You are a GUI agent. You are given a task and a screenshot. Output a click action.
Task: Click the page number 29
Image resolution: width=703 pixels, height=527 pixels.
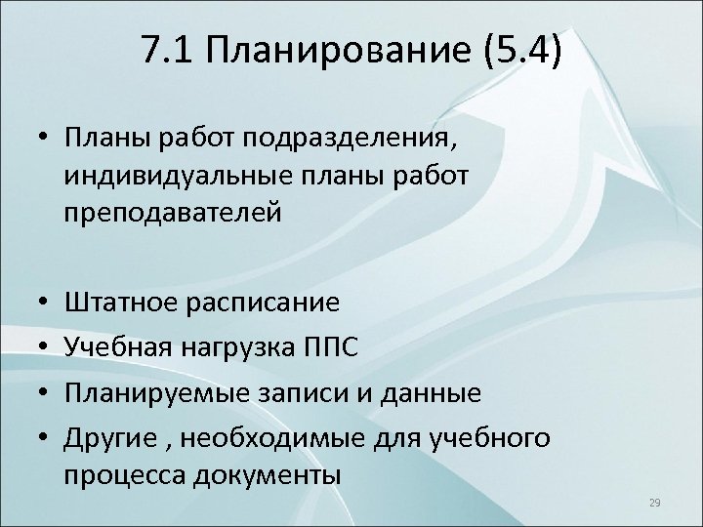654,503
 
